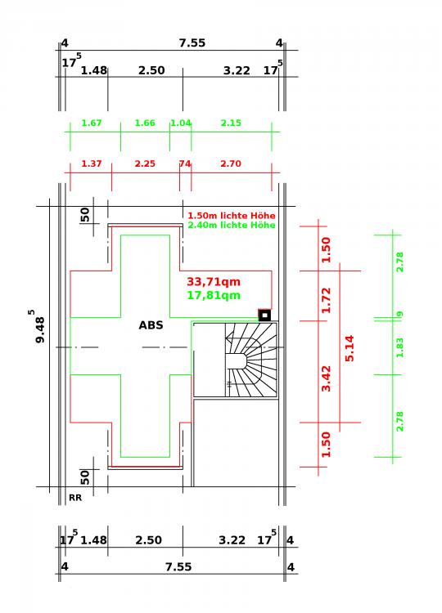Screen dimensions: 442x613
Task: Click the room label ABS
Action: (x=151, y=325)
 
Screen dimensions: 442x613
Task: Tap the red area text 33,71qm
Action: (x=214, y=282)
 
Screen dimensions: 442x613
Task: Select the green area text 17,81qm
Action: (x=214, y=295)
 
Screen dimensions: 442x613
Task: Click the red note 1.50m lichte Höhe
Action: (x=232, y=216)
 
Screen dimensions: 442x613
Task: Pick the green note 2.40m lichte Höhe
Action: (x=232, y=226)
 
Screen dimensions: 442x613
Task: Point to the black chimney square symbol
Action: (x=264, y=315)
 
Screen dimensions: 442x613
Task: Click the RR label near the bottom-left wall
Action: (x=75, y=498)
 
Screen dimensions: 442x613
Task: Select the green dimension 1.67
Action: (x=92, y=123)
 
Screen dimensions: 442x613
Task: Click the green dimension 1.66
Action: (x=145, y=123)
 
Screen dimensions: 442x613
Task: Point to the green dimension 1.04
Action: (x=180, y=123)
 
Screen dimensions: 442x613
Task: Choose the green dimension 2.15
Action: (x=231, y=123)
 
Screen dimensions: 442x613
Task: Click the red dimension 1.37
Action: (x=92, y=163)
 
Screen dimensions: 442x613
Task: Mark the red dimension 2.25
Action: (x=145, y=163)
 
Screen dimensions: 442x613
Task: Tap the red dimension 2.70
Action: (x=231, y=163)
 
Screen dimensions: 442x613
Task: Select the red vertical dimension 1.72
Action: (x=326, y=300)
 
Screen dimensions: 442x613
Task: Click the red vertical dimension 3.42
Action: (x=326, y=378)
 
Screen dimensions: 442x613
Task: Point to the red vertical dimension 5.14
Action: (x=350, y=348)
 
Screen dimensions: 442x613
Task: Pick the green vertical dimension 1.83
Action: (x=399, y=347)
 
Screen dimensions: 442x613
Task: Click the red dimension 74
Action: (x=185, y=163)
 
